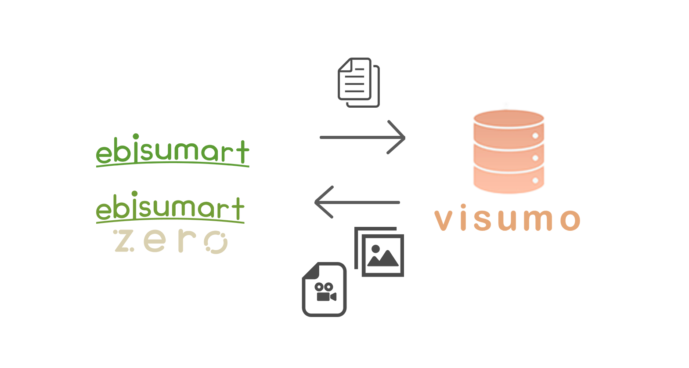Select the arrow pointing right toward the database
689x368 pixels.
click(x=362, y=137)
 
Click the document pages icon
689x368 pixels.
click(x=358, y=82)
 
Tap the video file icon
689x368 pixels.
click(x=325, y=290)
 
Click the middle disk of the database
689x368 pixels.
click(x=509, y=157)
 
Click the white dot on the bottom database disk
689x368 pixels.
click(x=535, y=180)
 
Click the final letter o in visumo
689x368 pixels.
click(x=570, y=220)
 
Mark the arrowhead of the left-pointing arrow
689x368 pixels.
click(x=321, y=202)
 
